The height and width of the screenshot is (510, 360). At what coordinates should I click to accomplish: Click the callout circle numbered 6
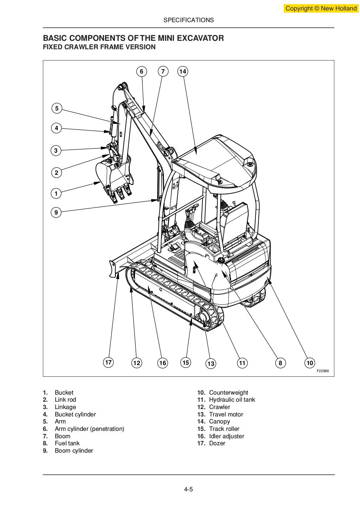(141, 72)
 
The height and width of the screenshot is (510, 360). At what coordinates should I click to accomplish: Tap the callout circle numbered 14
(182, 72)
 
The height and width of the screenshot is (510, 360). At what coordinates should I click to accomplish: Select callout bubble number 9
(56, 212)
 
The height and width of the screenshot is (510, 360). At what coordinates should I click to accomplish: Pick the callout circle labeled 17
(109, 362)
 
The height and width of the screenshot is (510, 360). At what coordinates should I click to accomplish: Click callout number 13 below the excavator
(211, 364)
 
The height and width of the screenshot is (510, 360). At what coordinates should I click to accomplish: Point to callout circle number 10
(309, 363)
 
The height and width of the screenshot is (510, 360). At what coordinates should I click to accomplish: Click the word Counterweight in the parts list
(229, 393)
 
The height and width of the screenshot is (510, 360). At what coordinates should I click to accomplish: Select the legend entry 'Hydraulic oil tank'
(232, 400)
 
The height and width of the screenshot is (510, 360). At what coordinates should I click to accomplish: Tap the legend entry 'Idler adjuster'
(226, 436)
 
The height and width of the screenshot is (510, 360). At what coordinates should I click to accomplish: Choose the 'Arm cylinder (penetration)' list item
(89, 429)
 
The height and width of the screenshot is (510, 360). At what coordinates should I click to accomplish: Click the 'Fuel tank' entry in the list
(67, 443)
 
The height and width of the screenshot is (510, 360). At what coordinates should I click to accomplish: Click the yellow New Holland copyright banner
(321, 8)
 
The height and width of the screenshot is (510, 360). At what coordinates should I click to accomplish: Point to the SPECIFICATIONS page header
(188, 20)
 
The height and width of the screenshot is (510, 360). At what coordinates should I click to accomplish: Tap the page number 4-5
(188, 489)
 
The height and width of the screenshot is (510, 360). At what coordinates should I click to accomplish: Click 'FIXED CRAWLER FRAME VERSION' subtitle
(99, 47)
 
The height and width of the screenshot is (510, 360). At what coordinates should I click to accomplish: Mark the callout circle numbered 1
(56, 193)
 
